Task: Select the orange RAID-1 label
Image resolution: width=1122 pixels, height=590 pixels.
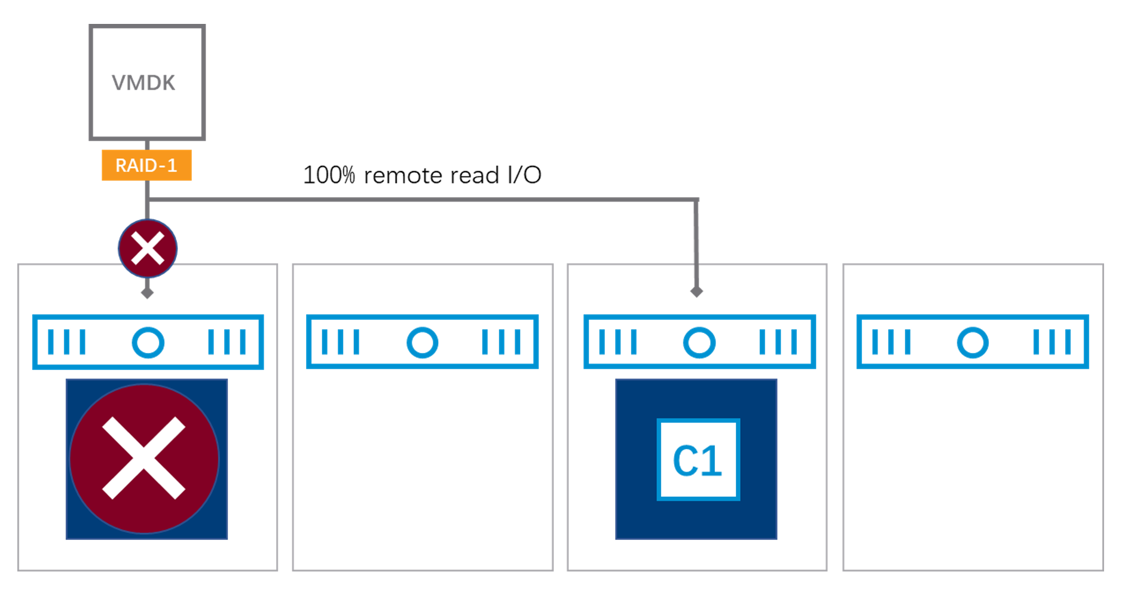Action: tap(146, 165)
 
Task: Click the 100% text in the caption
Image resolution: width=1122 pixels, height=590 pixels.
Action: tap(329, 175)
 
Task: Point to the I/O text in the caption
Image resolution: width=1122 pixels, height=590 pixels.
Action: tap(524, 175)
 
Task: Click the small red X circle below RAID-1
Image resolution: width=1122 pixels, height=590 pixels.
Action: tap(148, 249)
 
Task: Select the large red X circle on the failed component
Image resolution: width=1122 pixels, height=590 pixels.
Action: tap(144, 458)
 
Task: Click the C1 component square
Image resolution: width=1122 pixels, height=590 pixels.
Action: tap(698, 459)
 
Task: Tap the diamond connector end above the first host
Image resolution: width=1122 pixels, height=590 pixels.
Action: tap(147, 293)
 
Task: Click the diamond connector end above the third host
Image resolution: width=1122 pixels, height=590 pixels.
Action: tap(696, 292)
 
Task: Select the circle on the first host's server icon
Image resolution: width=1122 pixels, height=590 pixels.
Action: tap(148, 343)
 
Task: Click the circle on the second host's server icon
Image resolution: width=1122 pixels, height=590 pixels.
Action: tap(422, 343)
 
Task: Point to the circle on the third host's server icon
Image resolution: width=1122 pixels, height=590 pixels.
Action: tap(699, 343)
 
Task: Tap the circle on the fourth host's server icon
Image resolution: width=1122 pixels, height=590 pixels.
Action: tap(973, 343)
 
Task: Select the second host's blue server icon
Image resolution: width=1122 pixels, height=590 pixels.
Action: tap(422, 342)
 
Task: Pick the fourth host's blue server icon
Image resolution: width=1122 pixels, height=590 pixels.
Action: tap(973, 342)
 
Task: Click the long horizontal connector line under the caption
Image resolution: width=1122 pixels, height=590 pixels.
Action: tap(423, 199)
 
